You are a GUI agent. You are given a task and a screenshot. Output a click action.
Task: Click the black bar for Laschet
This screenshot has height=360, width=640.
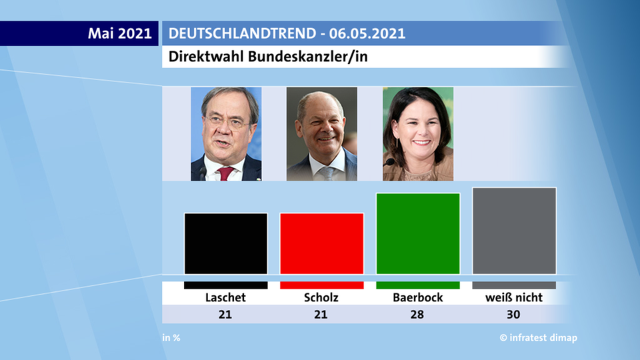point(225,243)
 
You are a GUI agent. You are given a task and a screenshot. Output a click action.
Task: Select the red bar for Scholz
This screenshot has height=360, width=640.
point(321,243)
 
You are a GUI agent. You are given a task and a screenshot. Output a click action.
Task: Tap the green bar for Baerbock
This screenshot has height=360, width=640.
point(418,233)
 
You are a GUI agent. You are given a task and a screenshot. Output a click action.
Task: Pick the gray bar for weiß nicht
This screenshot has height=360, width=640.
point(514,231)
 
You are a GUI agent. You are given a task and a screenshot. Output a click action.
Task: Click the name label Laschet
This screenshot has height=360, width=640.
point(225,297)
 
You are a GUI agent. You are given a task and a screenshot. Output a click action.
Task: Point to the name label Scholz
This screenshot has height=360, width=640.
point(321,297)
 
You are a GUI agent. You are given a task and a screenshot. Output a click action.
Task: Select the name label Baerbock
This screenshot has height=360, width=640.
point(418,297)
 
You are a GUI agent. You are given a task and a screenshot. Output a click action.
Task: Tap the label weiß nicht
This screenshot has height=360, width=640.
point(514,297)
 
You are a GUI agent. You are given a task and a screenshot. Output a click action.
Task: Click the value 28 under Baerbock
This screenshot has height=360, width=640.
point(418,314)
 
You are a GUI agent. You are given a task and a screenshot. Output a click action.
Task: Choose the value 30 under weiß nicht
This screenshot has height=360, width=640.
point(514,314)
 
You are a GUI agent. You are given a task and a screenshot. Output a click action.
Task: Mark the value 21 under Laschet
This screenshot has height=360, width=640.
point(225,314)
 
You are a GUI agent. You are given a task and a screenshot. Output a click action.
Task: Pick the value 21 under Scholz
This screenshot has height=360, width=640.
point(321,314)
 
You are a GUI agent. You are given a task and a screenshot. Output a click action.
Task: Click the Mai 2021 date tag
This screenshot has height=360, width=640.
point(120,33)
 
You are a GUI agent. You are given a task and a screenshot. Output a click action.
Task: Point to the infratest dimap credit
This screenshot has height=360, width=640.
point(539,338)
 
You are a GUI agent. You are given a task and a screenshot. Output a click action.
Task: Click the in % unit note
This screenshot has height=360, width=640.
point(171,338)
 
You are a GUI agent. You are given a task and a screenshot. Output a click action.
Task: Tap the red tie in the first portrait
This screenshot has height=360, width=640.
point(225,173)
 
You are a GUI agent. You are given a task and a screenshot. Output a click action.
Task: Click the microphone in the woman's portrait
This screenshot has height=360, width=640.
point(389,162)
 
